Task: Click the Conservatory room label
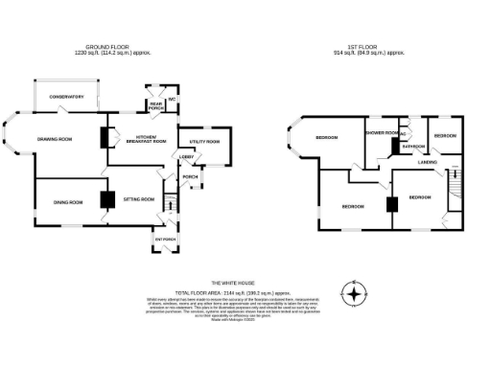click(x=67, y=96)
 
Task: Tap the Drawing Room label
click(x=55, y=140)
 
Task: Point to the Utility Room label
click(x=204, y=141)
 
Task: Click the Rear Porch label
click(x=155, y=105)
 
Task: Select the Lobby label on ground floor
click(x=187, y=157)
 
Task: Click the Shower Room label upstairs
click(x=382, y=132)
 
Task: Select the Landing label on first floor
click(x=428, y=163)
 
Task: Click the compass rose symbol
click(x=356, y=292)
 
